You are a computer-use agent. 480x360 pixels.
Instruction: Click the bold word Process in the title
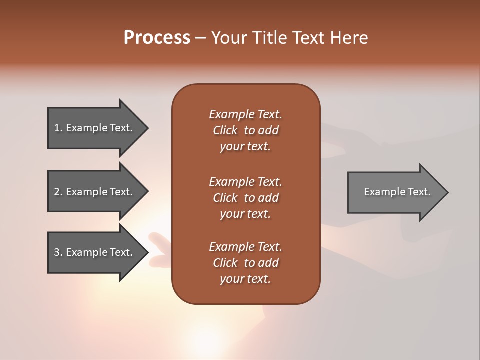[x=157, y=38]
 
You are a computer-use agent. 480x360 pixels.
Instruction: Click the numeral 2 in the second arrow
[x=57, y=192]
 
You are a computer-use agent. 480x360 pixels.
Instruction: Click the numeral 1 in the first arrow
[x=57, y=128]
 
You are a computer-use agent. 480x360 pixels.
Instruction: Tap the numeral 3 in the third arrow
[x=57, y=252]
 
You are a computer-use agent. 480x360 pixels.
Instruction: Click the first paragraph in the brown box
[x=245, y=130]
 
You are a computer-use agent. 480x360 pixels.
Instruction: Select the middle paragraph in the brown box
[x=245, y=198]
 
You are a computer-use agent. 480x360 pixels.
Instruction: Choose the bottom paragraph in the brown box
[x=245, y=263]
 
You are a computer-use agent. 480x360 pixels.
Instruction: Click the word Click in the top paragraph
[x=225, y=130]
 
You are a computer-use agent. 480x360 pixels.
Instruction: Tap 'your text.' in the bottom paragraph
[x=245, y=279]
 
